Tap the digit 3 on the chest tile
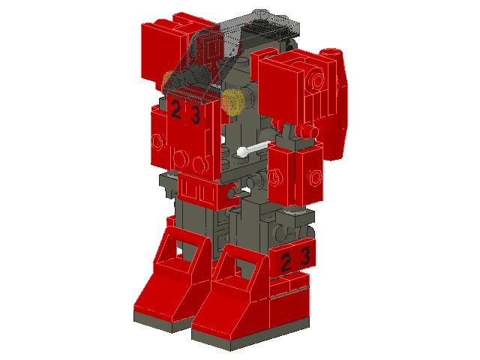(x=195, y=115)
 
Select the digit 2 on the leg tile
(x=286, y=260)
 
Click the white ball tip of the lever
(x=242, y=153)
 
